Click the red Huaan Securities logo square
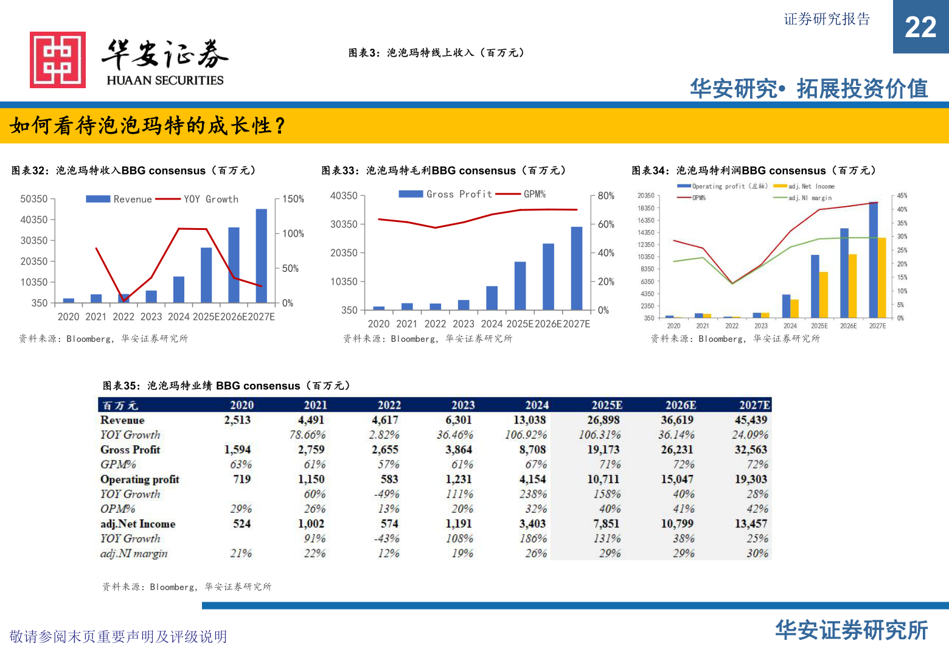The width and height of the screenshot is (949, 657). click(x=58, y=60)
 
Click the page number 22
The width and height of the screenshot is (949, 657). click(x=920, y=27)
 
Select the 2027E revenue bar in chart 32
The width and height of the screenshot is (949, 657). click(x=261, y=255)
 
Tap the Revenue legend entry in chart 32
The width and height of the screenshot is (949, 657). click(x=119, y=199)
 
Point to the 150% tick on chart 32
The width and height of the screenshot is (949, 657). click(x=293, y=199)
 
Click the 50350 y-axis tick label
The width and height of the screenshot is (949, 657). click(x=33, y=199)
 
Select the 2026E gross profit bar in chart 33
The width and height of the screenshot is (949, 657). click(x=548, y=277)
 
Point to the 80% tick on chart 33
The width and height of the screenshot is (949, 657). click(x=606, y=196)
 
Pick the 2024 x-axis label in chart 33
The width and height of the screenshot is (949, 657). click(x=492, y=324)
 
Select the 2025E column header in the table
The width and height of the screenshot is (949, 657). click(x=607, y=405)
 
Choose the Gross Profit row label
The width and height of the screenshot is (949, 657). click(x=130, y=450)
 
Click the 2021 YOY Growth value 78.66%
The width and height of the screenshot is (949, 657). click(x=307, y=435)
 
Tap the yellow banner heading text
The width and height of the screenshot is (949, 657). click(x=148, y=126)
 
